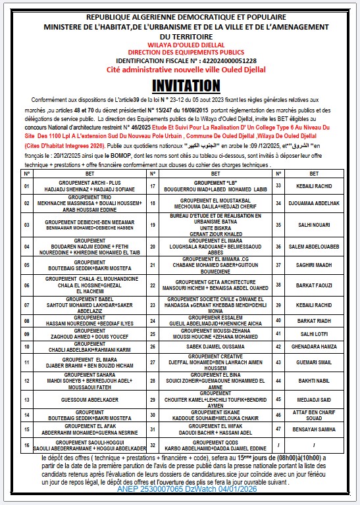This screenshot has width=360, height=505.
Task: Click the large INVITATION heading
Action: click(x=185, y=85)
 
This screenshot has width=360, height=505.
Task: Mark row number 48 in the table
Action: click(x=278, y=445)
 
